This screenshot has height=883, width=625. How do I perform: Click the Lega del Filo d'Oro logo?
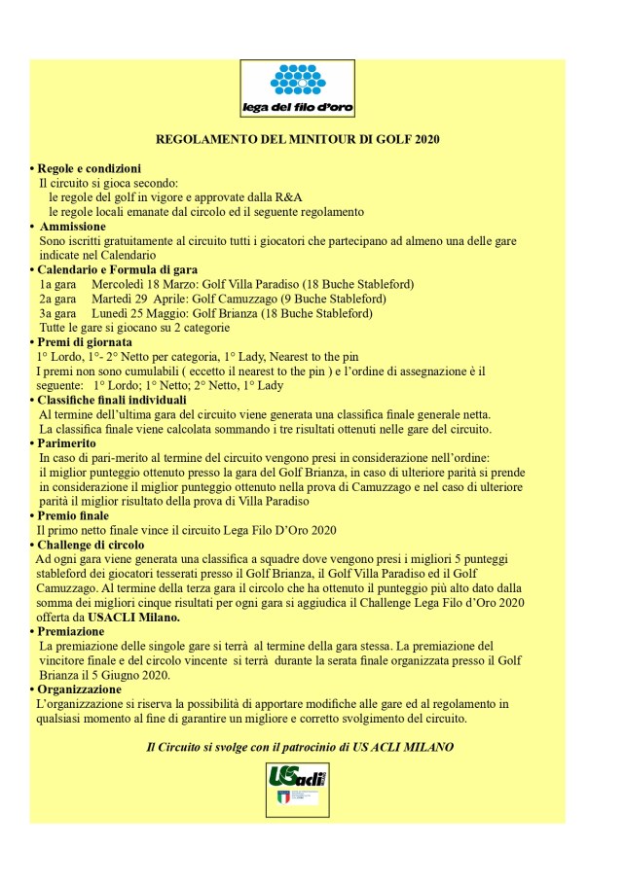pos(297,88)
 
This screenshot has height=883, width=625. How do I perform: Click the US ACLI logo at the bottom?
pos(297,788)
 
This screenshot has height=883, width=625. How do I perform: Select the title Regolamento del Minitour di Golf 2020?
pos(298,140)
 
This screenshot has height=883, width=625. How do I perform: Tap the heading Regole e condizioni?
pos(90,168)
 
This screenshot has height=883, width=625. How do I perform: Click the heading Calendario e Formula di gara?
pos(117,269)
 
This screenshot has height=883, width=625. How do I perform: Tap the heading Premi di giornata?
pos(86,342)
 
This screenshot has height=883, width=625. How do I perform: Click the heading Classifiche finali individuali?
pos(112,400)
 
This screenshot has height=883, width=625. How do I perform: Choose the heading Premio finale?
pos(74,515)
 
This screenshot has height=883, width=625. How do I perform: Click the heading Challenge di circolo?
pos(92,545)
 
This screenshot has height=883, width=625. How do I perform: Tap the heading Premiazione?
pos(72,631)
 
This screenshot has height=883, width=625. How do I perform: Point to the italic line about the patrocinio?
pos(299,747)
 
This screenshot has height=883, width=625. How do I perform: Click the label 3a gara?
pos(57,313)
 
